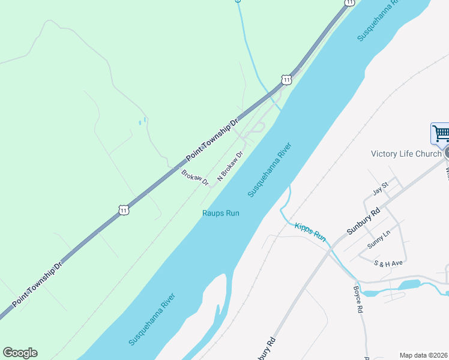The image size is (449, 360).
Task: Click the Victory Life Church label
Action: coord(406,154)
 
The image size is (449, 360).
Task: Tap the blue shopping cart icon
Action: coord(441,133)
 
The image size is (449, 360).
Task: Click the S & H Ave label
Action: coord(388,263)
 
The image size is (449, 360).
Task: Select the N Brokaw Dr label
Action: coord(230,166)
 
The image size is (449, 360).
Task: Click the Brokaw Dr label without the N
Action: coord(194,178)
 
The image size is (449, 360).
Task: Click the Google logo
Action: coord(20,353)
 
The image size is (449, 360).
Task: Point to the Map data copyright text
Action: coord(423,355)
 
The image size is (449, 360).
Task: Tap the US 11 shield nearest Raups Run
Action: coord(124,210)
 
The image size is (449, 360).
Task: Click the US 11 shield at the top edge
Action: coord(349,2)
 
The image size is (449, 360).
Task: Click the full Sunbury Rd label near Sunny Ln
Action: coord(364,221)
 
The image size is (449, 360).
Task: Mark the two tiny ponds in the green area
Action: coord(142,122)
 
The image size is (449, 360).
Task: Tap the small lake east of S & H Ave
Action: coord(409,284)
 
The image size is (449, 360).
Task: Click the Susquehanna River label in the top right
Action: coord(378,21)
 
